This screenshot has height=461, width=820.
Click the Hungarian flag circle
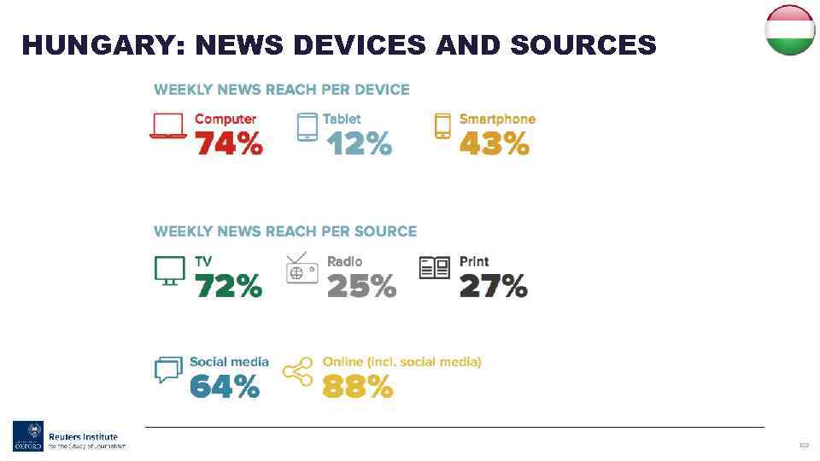click(x=789, y=31)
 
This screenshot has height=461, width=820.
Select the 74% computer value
click(x=229, y=144)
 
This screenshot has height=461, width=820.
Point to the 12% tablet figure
click(x=359, y=144)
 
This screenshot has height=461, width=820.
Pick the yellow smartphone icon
click(x=442, y=125)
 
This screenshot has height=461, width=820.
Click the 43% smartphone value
click(x=495, y=144)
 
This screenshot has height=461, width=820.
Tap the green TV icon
click(x=169, y=270)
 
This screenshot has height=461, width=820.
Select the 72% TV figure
click(x=229, y=287)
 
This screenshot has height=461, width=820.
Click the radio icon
click(x=302, y=269)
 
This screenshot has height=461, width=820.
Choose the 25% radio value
click(x=361, y=287)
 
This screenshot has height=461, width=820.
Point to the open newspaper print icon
click(x=435, y=269)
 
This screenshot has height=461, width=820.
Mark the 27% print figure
click(x=493, y=287)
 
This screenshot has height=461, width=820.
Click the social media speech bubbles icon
click(x=168, y=370)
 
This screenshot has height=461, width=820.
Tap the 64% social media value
click(x=224, y=388)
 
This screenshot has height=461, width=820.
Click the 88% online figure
click(x=357, y=388)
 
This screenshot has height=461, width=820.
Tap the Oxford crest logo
click(x=27, y=435)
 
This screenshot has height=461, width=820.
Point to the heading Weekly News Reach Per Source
click(x=285, y=231)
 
